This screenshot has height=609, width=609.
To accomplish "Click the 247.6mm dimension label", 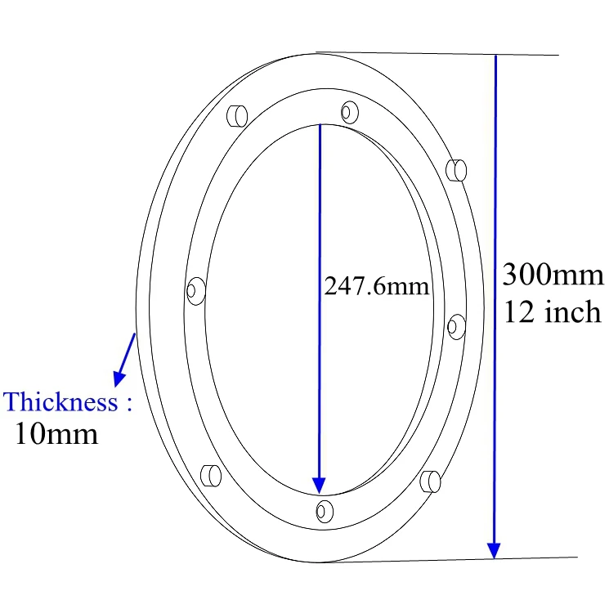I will (x=377, y=286).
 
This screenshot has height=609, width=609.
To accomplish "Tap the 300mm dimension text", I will (x=553, y=275).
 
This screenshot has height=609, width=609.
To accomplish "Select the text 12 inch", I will (x=553, y=311).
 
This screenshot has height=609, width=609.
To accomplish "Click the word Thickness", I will (x=61, y=402).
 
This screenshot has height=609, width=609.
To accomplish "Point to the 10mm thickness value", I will (x=56, y=433).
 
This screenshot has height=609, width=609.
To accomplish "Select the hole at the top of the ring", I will (x=350, y=110).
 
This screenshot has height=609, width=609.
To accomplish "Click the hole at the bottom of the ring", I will (x=325, y=511).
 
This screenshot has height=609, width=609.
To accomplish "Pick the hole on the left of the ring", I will (x=195, y=290).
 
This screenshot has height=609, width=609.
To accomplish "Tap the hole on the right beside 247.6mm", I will (x=456, y=325).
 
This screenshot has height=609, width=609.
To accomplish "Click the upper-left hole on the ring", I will (x=236, y=115).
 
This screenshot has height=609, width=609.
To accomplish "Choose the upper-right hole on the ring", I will (x=456, y=169).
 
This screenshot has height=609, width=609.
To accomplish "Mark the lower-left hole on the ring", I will (x=210, y=474).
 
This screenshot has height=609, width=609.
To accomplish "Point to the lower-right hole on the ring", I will (x=430, y=481).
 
